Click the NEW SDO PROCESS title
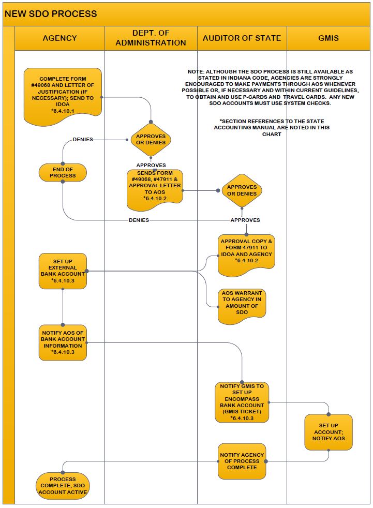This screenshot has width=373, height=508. click(x=51, y=13)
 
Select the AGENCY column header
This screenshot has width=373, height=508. click(x=59, y=38)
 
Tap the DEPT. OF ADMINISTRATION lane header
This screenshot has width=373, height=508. click(x=151, y=38)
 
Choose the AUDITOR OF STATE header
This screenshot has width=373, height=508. click(x=242, y=38)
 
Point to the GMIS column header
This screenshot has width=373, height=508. click(x=329, y=38)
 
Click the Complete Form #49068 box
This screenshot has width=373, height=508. click(x=63, y=96)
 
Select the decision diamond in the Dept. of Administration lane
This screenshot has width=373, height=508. click(x=151, y=140)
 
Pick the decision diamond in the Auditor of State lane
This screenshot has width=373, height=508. click(x=242, y=190)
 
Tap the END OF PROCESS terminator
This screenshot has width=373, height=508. click(x=63, y=172)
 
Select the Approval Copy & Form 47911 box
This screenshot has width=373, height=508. click(x=246, y=255)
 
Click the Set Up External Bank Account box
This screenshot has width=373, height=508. click(x=63, y=271)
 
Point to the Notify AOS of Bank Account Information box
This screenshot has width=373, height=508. click(x=63, y=342)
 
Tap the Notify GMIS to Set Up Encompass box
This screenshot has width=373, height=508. click(x=242, y=402)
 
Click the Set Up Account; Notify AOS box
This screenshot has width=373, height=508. click(x=329, y=432)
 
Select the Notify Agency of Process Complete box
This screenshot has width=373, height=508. click(x=242, y=461)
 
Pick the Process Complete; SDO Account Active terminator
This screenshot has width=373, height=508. click(x=63, y=485)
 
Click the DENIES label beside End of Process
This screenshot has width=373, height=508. click(x=83, y=140)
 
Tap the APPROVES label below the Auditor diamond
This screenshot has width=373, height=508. click(x=245, y=220)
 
